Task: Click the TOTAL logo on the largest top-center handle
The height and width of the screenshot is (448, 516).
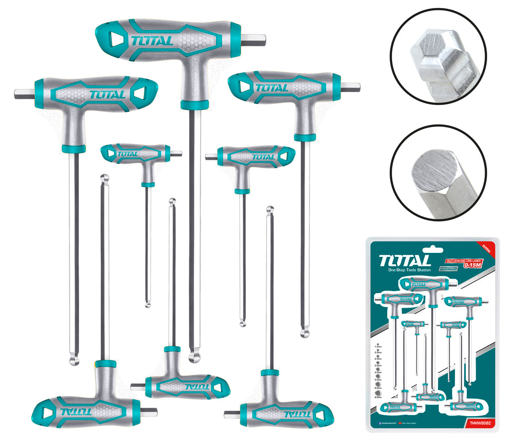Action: pos(153,40)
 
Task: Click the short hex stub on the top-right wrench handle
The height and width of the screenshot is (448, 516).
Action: pos(350,86)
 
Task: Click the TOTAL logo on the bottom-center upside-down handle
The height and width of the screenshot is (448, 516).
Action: pos(197,386)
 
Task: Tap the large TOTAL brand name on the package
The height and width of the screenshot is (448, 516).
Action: pos(405,261)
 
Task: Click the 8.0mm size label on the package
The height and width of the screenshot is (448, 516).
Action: pos(379,397)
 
